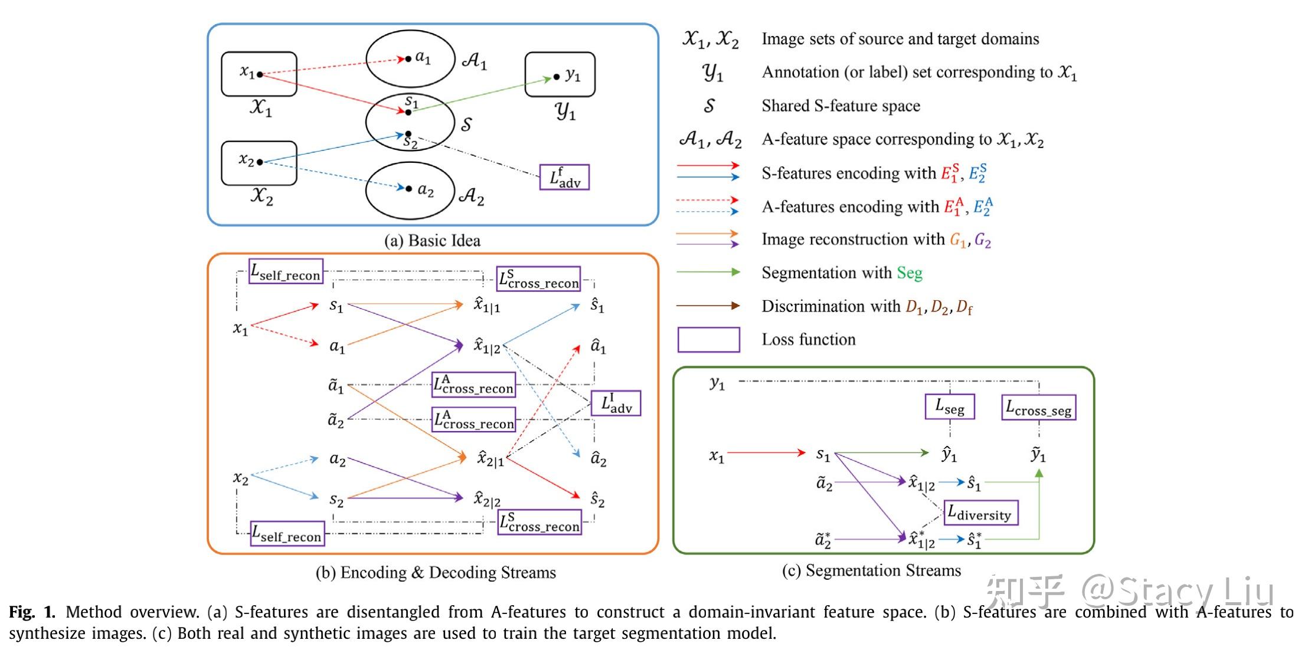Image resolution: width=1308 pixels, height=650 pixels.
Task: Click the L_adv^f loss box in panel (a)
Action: pyautogui.click(x=564, y=177)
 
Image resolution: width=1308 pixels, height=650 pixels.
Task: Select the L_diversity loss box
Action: pyautogui.click(x=980, y=513)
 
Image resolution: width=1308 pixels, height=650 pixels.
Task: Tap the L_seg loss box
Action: pyautogui.click(x=949, y=407)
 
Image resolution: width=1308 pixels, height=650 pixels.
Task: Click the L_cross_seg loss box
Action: pyautogui.click(x=1038, y=408)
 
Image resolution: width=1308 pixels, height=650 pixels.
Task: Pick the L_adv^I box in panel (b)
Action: pyautogui.click(x=616, y=403)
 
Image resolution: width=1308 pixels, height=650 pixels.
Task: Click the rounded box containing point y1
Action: pyautogui.click(x=560, y=74)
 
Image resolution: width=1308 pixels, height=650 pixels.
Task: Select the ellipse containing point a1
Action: pyautogui.click(x=410, y=58)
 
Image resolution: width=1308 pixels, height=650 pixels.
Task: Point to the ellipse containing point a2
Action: pyautogui.click(x=410, y=191)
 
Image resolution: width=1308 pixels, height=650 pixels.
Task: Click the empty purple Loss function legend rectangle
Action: pyautogui.click(x=708, y=340)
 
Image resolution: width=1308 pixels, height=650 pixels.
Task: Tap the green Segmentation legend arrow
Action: pyautogui.click(x=708, y=272)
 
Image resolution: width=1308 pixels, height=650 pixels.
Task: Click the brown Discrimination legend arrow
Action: pyautogui.click(x=708, y=306)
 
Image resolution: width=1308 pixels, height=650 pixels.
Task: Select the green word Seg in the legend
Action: pyautogui.click(x=910, y=273)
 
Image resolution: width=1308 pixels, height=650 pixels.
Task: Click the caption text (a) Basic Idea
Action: pyautogui.click(x=432, y=241)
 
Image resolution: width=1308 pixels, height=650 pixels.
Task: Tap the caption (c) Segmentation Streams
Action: pyautogui.click(x=871, y=570)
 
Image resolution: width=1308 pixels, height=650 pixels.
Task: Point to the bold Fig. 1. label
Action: pyautogui.click(x=32, y=612)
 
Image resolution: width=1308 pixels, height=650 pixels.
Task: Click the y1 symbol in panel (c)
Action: pyautogui.click(x=717, y=383)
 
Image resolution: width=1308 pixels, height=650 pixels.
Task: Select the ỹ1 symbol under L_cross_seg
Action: pyautogui.click(x=1038, y=455)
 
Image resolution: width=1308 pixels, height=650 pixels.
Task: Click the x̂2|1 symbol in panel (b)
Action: pyautogui.click(x=490, y=458)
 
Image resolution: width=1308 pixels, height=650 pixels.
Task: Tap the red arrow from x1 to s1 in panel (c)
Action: pyautogui.click(x=766, y=453)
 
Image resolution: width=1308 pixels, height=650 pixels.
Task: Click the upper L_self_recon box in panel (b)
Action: pyautogui.click(x=286, y=271)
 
